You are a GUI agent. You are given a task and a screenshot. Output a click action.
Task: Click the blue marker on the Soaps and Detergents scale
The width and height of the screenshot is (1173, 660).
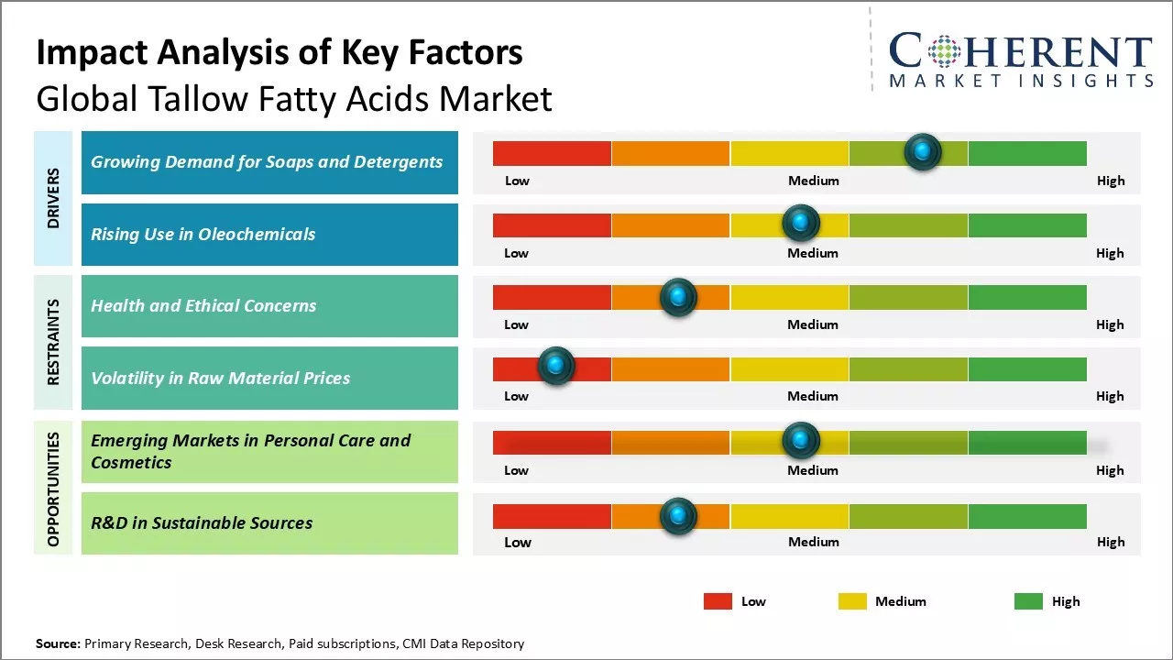tap(923, 151)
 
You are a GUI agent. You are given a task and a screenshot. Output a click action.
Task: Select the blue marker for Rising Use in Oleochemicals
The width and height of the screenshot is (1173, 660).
tap(801, 223)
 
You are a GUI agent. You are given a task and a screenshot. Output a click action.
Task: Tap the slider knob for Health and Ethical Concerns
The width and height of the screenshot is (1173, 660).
tap(678, 297)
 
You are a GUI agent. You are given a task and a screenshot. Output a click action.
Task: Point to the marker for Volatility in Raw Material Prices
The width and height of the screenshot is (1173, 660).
tap(555, 366)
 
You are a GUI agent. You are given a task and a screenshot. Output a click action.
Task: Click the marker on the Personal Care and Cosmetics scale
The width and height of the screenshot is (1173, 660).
tap(801, 441)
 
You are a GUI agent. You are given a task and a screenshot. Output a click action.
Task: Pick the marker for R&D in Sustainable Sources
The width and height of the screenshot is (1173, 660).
tap(678, 516)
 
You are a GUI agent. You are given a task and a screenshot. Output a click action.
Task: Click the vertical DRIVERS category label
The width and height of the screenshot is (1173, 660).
tap(53, 198)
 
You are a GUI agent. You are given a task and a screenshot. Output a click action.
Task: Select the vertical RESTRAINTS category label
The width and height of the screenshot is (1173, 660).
tap(53, 342)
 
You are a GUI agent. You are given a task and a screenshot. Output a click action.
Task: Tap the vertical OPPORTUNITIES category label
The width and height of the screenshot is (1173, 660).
tap(53, 489)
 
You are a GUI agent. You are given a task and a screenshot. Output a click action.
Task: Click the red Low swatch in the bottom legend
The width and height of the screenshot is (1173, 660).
tap(718, 601)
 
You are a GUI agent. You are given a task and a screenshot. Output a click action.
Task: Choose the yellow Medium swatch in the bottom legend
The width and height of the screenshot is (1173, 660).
tap(852, 601)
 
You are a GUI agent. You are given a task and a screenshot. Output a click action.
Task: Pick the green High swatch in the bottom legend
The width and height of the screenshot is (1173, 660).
tap(1028, 601)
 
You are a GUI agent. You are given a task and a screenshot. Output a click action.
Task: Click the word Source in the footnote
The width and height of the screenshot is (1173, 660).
tap(58, 643)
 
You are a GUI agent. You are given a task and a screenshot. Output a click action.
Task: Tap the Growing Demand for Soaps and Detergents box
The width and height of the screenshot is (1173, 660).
tap(269, 162)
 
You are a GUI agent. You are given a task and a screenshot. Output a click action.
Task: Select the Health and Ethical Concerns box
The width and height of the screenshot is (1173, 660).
tap(269, 306)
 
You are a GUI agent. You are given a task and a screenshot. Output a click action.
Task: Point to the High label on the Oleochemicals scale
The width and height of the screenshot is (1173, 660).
tap(1110, 253)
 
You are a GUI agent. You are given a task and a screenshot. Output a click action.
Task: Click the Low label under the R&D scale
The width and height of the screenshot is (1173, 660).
tap(517, 542)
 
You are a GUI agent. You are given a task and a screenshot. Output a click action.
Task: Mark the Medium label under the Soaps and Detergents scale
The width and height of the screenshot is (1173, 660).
tap(814, 181)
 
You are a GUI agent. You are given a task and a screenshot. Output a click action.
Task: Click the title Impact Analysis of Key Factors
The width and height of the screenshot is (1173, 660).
tap(280, 53)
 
